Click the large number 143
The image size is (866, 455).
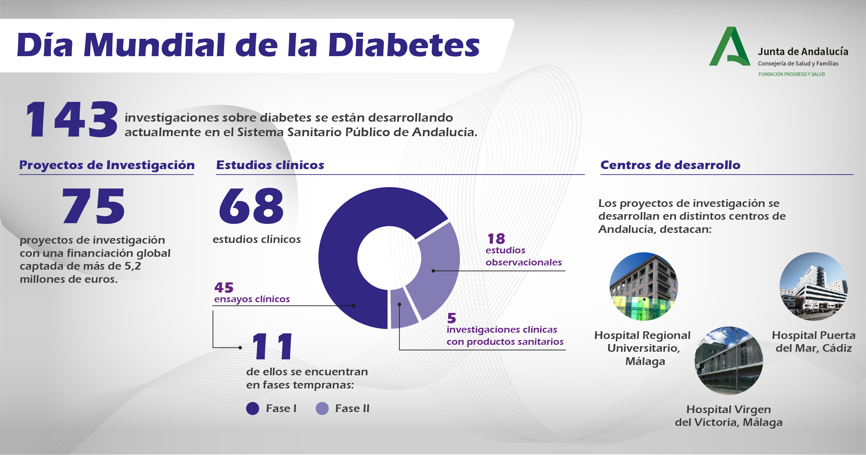pos(72,120)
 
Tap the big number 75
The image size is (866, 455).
pos(93,206)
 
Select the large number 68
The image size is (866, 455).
pos(251,206)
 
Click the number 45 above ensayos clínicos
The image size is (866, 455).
pos(224,288)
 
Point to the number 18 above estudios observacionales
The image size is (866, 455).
pos(496,239)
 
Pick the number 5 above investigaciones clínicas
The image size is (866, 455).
pos(452,318)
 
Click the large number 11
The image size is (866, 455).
pos(273,347)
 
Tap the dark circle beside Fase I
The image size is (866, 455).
pos(252,409)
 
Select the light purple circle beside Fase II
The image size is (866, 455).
pos(322,409)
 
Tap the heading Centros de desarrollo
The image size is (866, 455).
pos(670,165)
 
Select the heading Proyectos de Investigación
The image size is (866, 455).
pos(107,165)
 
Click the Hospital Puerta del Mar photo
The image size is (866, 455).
pos(813,286)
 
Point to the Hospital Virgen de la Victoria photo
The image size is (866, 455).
pos(729,360)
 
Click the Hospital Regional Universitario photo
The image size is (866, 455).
pos(644,286)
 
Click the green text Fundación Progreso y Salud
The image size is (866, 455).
pos(792,74)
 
